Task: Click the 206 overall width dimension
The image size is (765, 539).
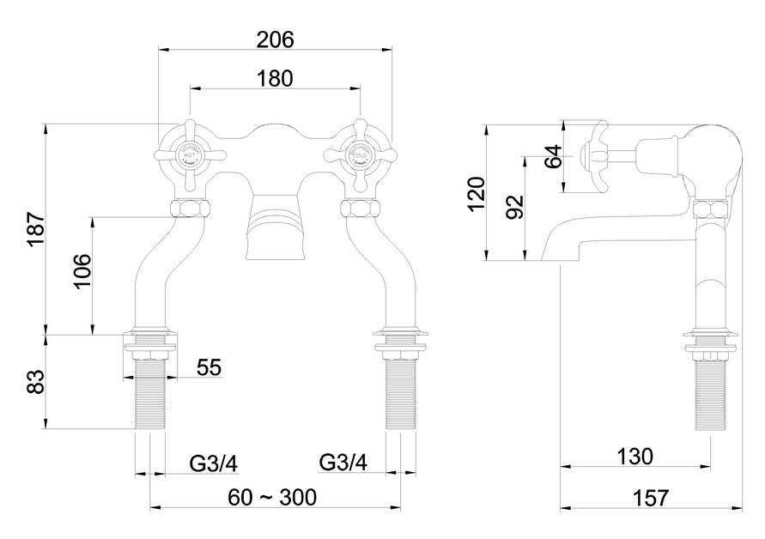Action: point(276,39)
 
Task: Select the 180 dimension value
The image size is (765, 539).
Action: point(276,78)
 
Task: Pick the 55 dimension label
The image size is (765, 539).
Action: point(209,367)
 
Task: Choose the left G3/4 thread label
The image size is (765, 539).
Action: point(214,463)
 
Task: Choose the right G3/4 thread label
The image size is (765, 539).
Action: point(343,463)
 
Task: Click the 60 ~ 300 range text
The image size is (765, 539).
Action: point(272,497)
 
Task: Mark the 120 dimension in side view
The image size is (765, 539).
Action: point(477,194)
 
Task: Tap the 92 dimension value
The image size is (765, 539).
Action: point(514,207)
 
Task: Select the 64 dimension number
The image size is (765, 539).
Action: point(554,156)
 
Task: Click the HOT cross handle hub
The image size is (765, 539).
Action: point(190,155)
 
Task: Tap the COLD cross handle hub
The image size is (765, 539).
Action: point(359,155)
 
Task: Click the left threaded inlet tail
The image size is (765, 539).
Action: point(151,395)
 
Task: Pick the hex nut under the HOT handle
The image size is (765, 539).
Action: point(190,209)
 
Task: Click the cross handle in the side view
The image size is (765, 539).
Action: point(595,154)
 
